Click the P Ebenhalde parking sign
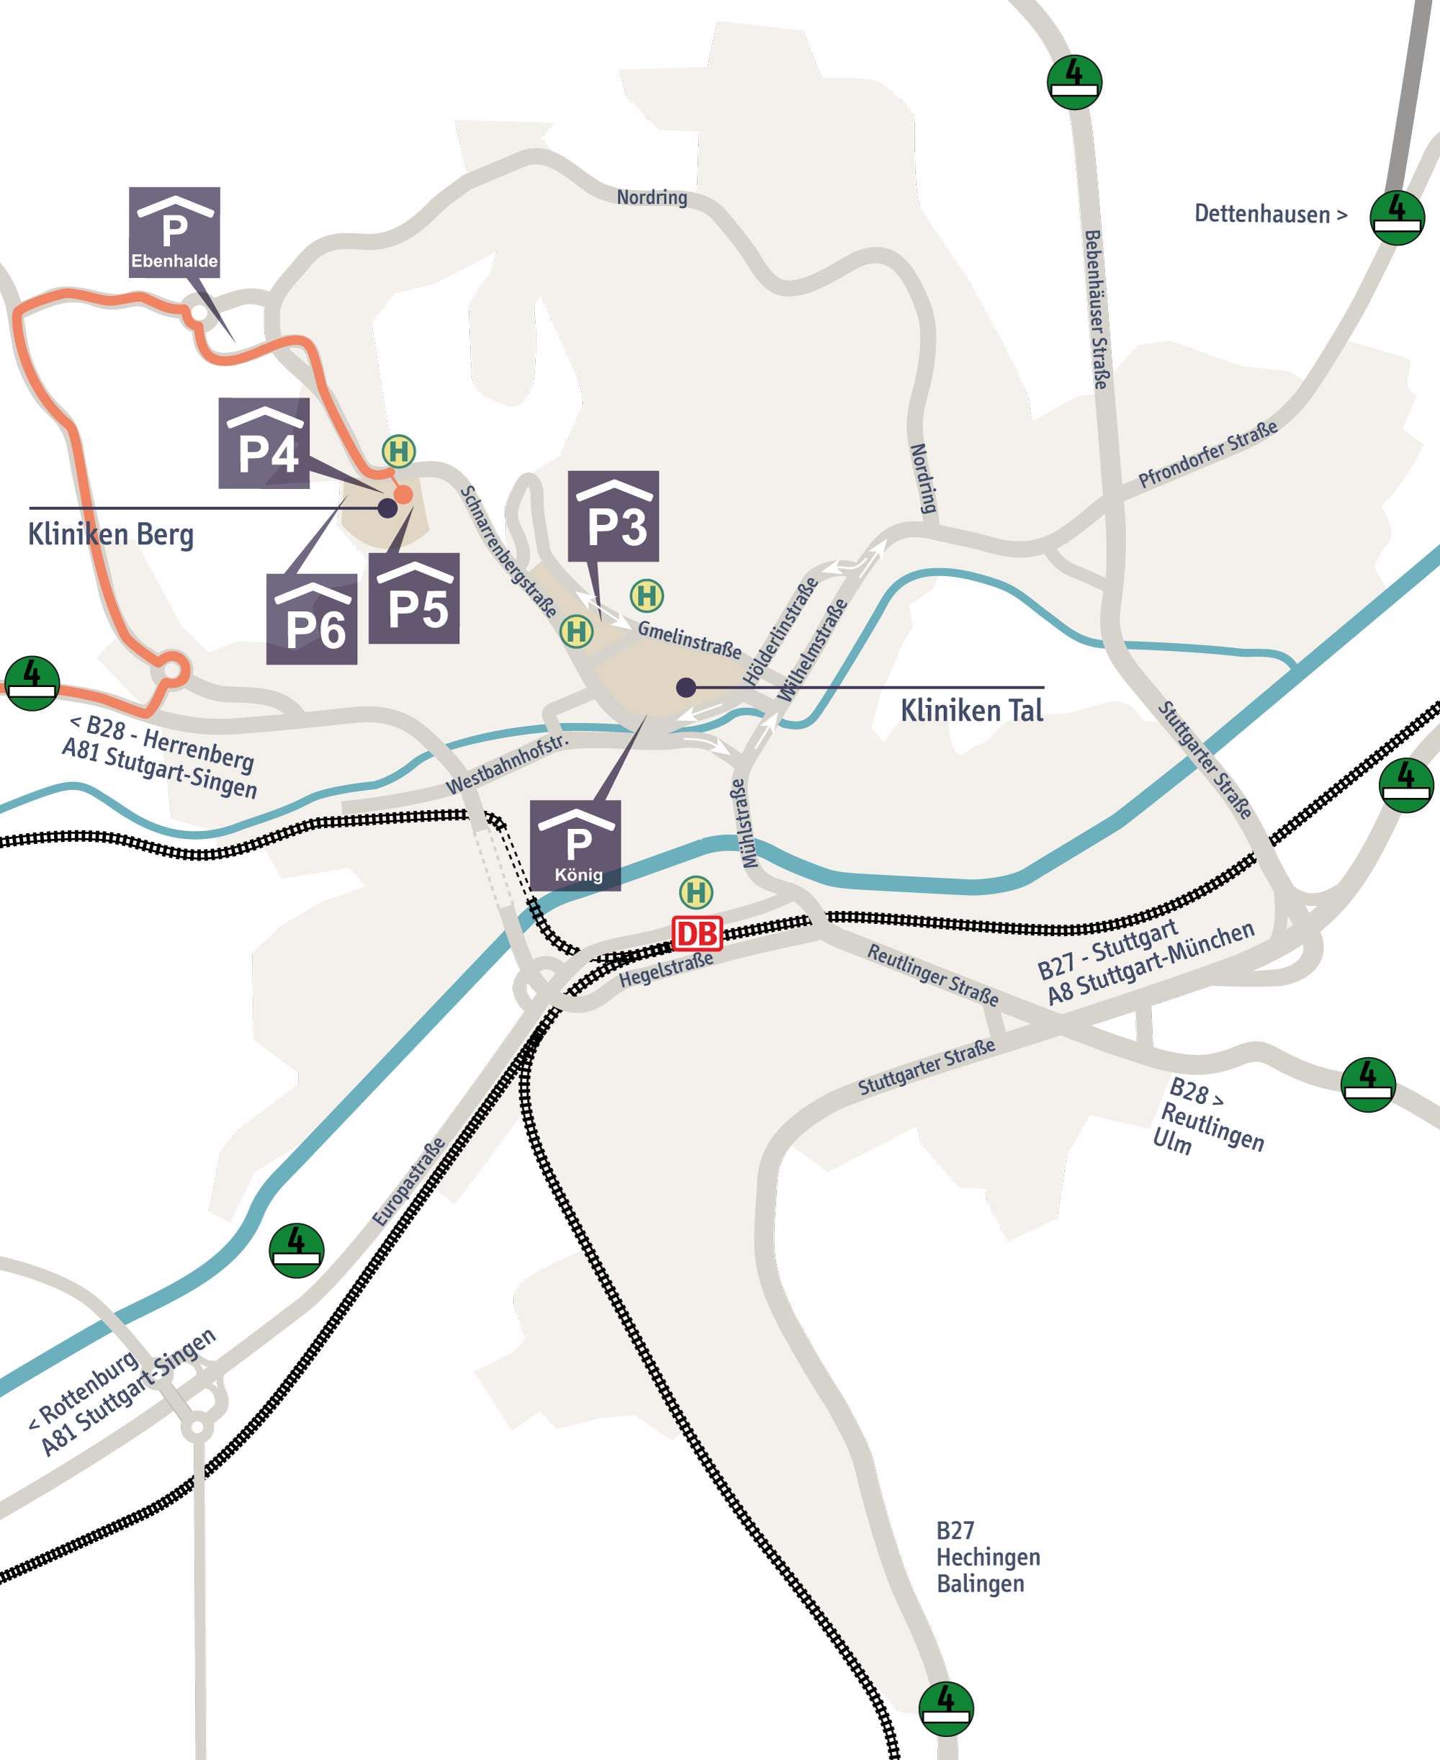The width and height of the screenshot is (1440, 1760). [174, 232]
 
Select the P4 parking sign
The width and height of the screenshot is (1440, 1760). [264, 443]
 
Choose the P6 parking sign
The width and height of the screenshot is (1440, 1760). [312, 619]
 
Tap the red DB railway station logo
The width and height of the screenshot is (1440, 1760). [697, 934]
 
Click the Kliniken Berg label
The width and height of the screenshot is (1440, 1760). [111, 535]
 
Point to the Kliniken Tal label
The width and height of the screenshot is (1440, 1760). [971, 711]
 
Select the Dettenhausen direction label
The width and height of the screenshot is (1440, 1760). [1270, 214]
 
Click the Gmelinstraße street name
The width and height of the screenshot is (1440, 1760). [689, 639]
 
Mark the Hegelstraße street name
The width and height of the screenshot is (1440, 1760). [666, 969]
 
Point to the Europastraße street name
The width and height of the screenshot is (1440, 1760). [409, 1182]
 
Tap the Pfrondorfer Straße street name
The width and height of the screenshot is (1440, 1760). [1207, 454]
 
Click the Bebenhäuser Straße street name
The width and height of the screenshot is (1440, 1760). [1097, 310]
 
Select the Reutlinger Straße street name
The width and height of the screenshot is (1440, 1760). [932, 974]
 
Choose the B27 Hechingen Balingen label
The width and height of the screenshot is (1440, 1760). [987, 1557]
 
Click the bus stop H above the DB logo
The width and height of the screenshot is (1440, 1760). [696, 892]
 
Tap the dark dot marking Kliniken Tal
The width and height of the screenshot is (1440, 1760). [686, 687]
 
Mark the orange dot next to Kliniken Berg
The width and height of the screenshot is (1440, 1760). [403, 495]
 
